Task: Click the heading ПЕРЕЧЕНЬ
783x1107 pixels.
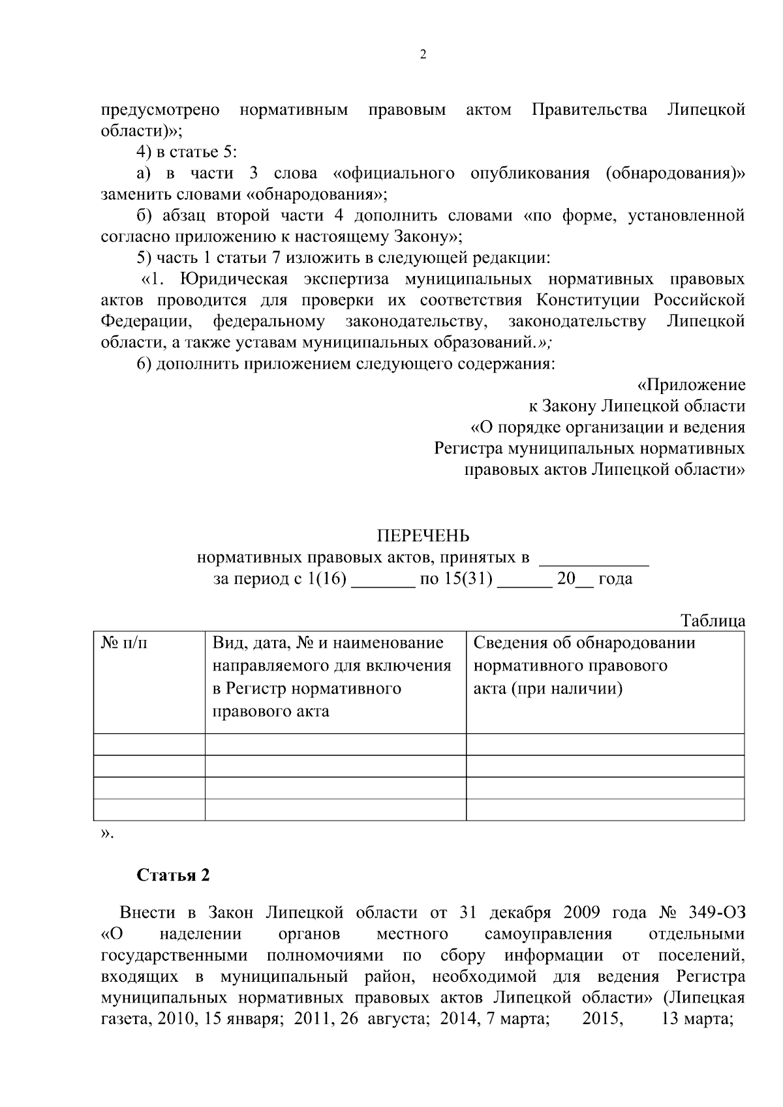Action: click(423, 536)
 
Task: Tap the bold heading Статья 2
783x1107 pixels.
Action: click(173, 875)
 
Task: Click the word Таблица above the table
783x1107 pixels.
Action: click(713, 620)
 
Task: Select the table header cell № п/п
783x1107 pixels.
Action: click(125, 644)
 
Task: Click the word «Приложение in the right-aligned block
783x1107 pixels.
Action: click(691, 385)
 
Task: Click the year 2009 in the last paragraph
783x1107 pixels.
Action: click(574, 913)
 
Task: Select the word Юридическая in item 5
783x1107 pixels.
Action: click(234, 279)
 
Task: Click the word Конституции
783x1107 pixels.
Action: click(591, 300)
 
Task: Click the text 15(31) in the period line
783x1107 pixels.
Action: click(468, 579)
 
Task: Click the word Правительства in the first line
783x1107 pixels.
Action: click(589, 110)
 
